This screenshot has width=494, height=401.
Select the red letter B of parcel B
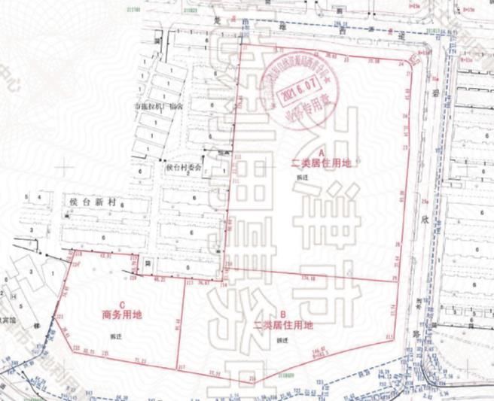[282, 314]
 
